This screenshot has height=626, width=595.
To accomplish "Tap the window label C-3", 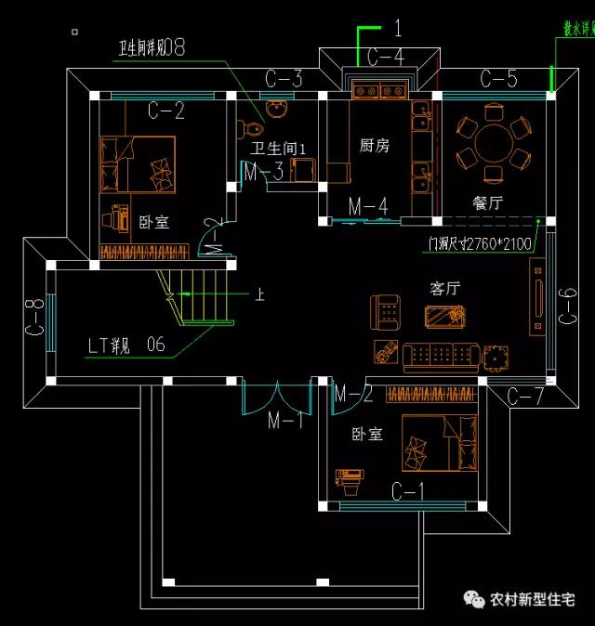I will tap(284, 79).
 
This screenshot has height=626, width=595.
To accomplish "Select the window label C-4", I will tap(385, 59).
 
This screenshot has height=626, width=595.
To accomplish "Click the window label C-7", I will tap(525, 397).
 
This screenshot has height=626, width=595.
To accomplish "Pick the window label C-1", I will tap(408, 489).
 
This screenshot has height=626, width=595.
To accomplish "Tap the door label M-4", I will tap(368, 206).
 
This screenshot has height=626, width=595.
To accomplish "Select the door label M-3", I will tap(263, 172).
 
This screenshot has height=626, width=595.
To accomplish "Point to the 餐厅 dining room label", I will tap(488, 203).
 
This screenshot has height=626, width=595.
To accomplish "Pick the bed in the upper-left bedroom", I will tap(139, 164).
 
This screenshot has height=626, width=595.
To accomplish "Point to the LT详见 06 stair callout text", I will tap(127, 346).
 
